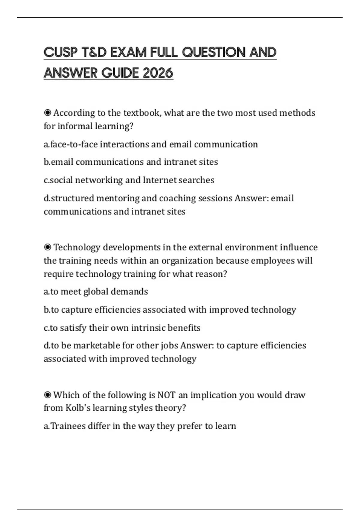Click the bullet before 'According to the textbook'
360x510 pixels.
(x=47, y=113)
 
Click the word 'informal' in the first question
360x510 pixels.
(x=75, y=126)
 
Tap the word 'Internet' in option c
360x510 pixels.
(x=160, y=180)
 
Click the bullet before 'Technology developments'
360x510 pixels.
(x=47, y=247)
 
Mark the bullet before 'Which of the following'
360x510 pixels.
(x=47, y=395)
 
